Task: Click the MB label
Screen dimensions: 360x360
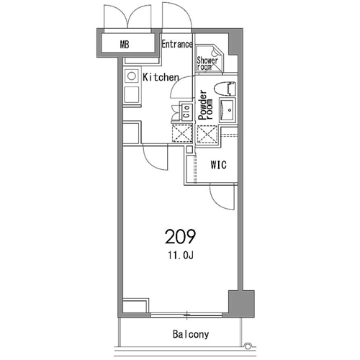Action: point(125,45)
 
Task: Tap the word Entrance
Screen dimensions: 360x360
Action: point(177,44)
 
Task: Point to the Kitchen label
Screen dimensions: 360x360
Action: point(161,77)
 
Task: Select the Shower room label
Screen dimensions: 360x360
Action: point(207,63)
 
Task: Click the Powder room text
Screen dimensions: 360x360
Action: point(205,105)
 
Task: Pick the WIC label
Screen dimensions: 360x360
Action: point(218,165)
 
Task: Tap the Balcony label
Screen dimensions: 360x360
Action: point(191,334)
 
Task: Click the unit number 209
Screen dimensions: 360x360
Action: point(180,237)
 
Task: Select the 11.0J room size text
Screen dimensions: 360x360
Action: point(181,256)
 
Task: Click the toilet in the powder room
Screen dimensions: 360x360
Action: point(224,89)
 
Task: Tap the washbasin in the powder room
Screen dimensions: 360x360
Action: point(228,110)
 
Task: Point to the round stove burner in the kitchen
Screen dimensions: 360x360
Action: point(132,76)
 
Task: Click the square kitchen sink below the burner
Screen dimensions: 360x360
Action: point(132,94)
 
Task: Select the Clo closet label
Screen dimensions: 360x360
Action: point(186,112)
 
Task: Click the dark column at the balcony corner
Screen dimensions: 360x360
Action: point(241,304)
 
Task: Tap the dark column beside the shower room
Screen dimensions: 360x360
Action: point(235,42)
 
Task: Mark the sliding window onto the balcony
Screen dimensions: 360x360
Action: point(186,315)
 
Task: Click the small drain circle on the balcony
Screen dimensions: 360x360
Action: point(247,346)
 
